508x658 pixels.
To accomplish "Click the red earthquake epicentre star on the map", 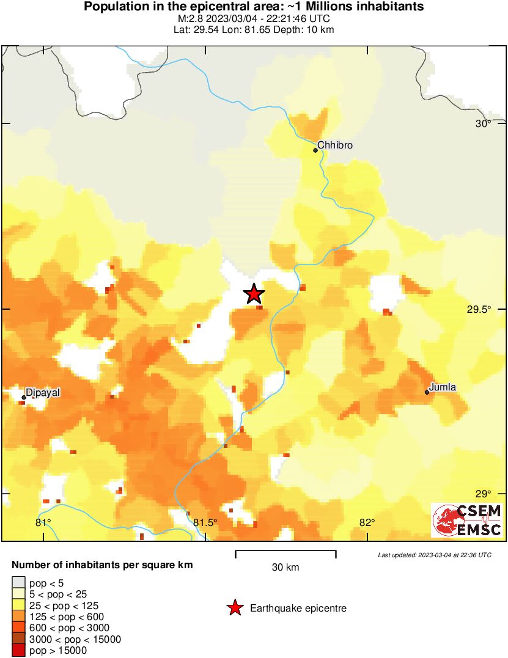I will [254, 294].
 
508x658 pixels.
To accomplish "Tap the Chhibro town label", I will [336, 145].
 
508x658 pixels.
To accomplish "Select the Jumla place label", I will [443, 387].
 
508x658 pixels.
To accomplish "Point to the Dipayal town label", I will [43, 393].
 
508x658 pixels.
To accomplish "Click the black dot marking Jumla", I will [427, 392].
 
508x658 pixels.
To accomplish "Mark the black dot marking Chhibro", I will [315, 150].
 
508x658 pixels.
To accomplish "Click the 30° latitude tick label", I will [484, 124].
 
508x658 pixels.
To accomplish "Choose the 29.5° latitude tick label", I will [479, 310].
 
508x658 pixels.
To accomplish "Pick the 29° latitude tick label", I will [484, 494].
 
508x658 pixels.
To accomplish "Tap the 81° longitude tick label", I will [43, 522].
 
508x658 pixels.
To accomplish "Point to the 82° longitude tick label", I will [367, 522].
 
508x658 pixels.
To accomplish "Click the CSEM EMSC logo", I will [467, 520].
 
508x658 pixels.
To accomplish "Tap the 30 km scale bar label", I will [285, 568].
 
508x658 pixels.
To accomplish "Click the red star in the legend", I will [234, 608].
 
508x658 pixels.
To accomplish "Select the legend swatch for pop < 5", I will [18, 583].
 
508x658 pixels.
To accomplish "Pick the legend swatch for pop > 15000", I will [18, 650].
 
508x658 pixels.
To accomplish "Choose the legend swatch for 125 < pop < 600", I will [18, 617].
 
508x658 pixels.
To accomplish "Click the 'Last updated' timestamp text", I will [435, 555].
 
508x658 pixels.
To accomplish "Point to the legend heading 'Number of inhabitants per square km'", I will [102, 565].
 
